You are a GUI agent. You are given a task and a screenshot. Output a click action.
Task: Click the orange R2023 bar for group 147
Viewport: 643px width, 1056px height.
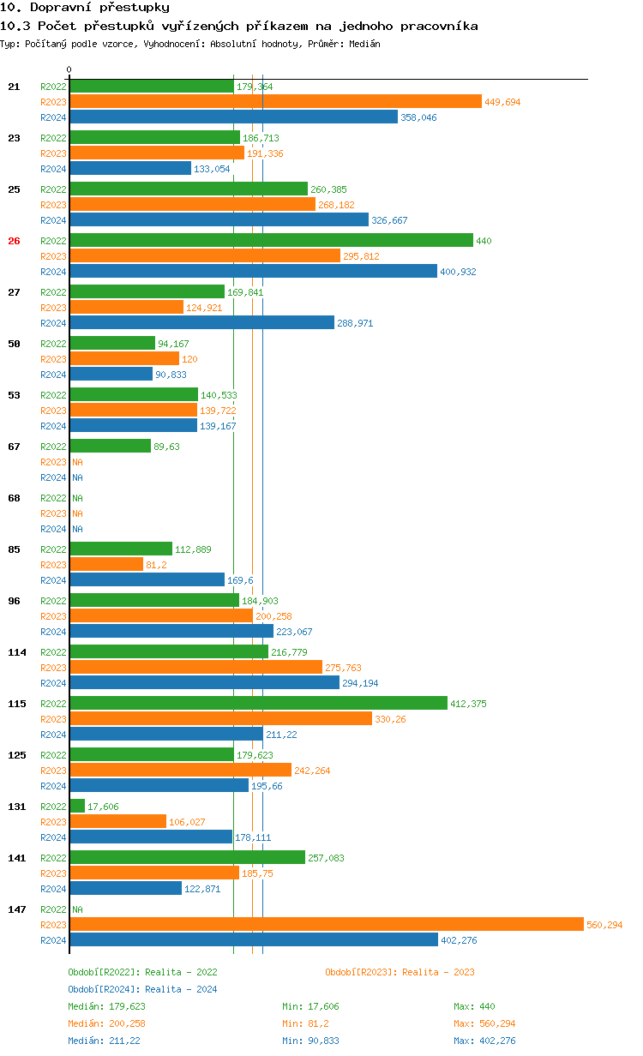pos(326,924)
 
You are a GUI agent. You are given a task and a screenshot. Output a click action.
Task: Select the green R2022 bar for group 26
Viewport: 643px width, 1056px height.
pos(271,240)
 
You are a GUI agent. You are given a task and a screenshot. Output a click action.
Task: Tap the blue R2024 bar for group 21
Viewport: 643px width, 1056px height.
pos(233,117)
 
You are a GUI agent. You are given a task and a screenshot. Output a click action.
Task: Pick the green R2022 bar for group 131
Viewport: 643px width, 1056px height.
pos(77,806)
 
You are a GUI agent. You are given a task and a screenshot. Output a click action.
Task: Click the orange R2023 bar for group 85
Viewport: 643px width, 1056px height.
pos(106,564)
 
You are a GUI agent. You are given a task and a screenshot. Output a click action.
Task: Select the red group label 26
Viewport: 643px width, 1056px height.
pos(14,241)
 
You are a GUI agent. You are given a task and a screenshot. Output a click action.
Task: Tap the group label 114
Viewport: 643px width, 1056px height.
pos(16,652)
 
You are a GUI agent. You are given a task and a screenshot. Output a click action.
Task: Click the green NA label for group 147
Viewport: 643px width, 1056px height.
pos(77,909)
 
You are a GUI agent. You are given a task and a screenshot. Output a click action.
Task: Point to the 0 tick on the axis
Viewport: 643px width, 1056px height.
pos(69,70)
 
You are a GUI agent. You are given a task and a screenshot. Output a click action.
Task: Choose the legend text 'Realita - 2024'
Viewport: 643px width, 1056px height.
pos(181,989)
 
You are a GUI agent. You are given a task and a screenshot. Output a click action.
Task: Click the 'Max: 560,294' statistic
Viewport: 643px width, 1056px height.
pos(484,1023)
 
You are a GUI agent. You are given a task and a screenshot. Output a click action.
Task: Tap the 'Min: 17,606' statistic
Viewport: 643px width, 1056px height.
pos(310,1006)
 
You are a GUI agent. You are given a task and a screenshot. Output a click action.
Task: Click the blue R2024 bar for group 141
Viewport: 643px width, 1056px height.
pos(125,888)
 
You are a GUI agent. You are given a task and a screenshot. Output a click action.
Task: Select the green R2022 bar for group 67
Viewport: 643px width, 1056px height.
pos(110,446)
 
